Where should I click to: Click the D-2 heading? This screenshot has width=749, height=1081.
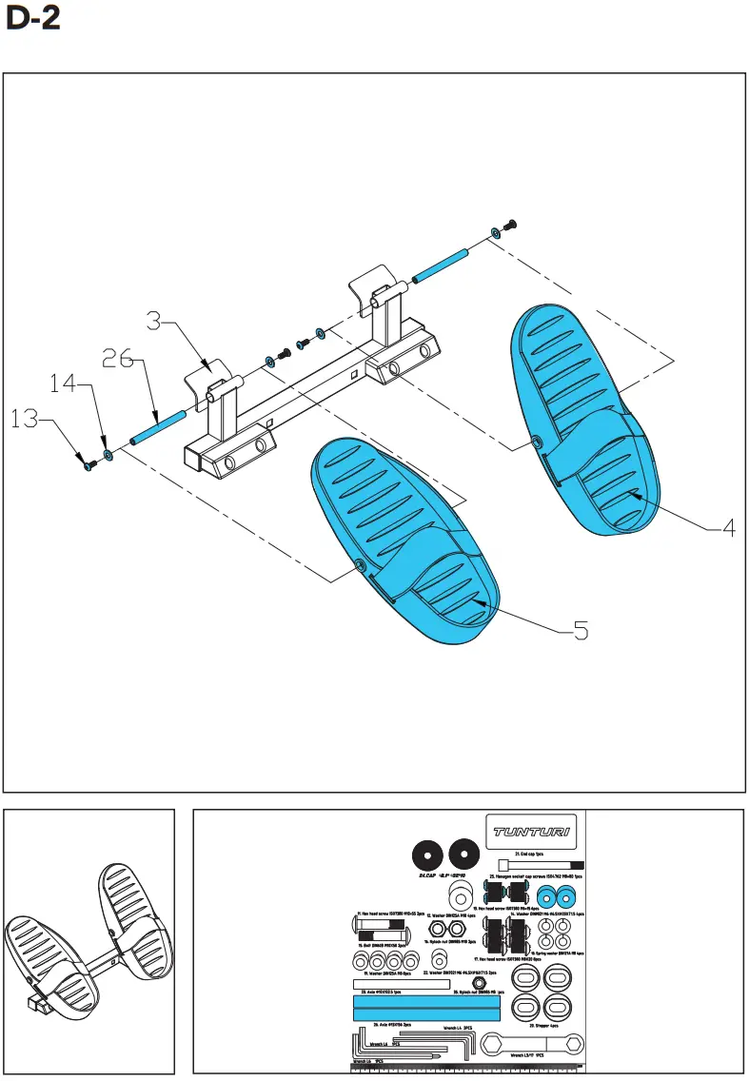coord(33,20)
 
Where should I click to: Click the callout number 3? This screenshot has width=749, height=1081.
coord(161,321)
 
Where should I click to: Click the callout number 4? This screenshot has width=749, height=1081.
coord(727,527)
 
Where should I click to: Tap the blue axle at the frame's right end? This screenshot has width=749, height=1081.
coord(439,266)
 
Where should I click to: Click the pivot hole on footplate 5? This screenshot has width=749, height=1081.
coord(361,566)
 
